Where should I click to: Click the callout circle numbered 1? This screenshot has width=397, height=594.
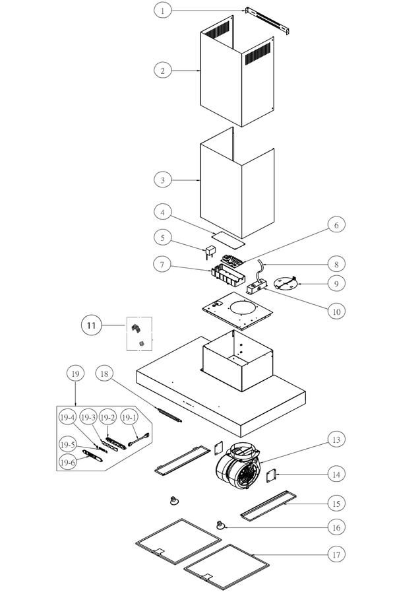(x=163, y=10)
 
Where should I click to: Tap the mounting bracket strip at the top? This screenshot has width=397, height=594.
(x=269, y=20)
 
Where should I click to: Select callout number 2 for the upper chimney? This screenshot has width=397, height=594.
(x=163, y=69)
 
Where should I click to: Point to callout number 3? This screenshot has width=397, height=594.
(x=163, y=179)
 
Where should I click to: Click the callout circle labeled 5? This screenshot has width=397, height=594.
(x=163, y=236)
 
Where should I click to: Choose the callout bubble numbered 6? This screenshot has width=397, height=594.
(x=336, y=225)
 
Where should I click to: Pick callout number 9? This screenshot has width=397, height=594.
(x=336, y=284)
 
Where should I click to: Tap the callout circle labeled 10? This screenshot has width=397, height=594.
(x=336, y=310)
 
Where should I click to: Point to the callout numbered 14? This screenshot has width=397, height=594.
(x=336, y=474)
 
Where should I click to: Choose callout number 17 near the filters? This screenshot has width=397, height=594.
(x=336, y=554)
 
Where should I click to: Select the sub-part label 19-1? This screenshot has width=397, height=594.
(x=129, y=418)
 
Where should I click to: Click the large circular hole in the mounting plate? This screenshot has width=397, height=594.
(x=241, y=307)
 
